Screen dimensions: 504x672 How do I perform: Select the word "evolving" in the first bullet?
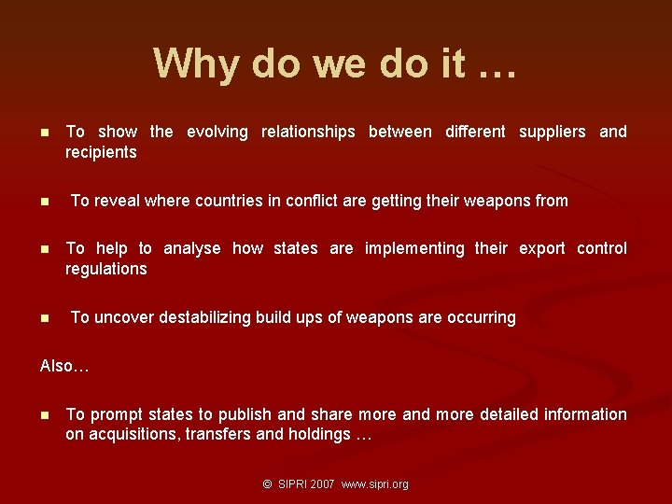coord(217,132)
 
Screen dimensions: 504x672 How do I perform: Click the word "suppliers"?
coord(552,132)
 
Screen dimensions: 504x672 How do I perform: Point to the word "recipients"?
coord(101,152)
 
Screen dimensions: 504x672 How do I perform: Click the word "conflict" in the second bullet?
coord(346,201)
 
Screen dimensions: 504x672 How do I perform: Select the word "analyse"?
coord(192,248)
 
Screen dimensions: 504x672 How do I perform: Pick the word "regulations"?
coord(106,269)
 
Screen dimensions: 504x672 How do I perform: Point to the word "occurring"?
coord(481,317)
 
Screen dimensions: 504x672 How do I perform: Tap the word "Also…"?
coord(64,366)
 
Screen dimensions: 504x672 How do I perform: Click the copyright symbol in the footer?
coord(267,484)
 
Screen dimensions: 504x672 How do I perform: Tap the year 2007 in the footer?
coord(322,484)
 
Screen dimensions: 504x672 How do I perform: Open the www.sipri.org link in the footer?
coord(375,484)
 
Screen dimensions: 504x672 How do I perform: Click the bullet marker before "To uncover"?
coord(44,318)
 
